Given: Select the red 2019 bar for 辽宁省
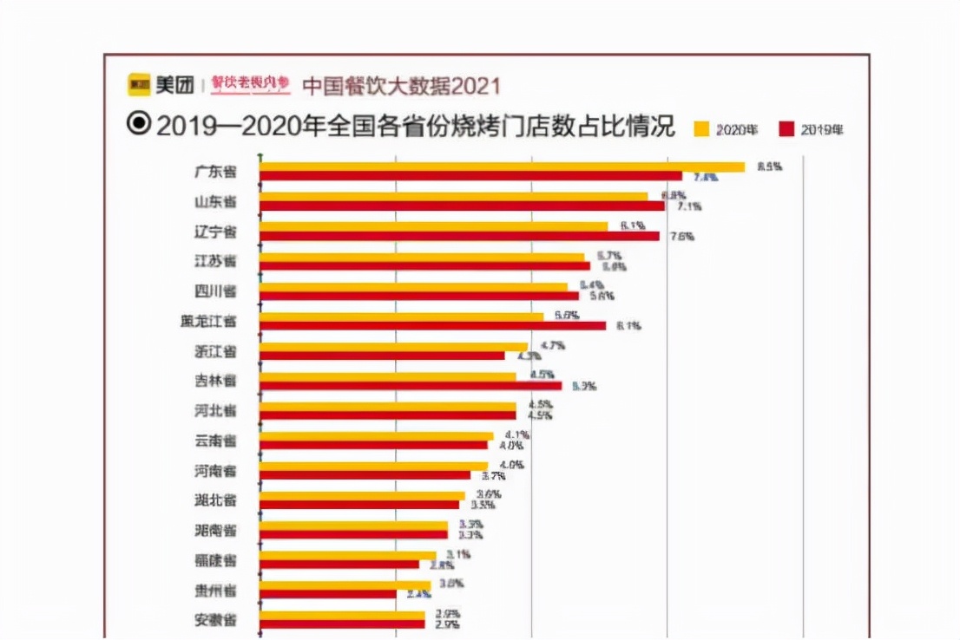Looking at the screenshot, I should pos(459,236).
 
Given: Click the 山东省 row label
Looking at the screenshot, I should pos(214,202).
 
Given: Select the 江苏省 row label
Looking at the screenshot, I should pos(214,261).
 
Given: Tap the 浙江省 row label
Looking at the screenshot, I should pos(214,351).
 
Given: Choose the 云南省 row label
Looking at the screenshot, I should pos(214,441).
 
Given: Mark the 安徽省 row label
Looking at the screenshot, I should pos(214,620).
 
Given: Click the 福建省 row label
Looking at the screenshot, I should pos(214,560).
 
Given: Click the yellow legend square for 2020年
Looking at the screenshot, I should pos(701,130).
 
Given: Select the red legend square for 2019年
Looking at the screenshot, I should pos(786,130).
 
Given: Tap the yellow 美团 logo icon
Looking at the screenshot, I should pos(139,84).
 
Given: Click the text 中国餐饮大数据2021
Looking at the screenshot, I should pos(401,85).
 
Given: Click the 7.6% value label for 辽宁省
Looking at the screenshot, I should pos(681,237).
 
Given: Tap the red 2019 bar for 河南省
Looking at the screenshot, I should pos(365,475).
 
